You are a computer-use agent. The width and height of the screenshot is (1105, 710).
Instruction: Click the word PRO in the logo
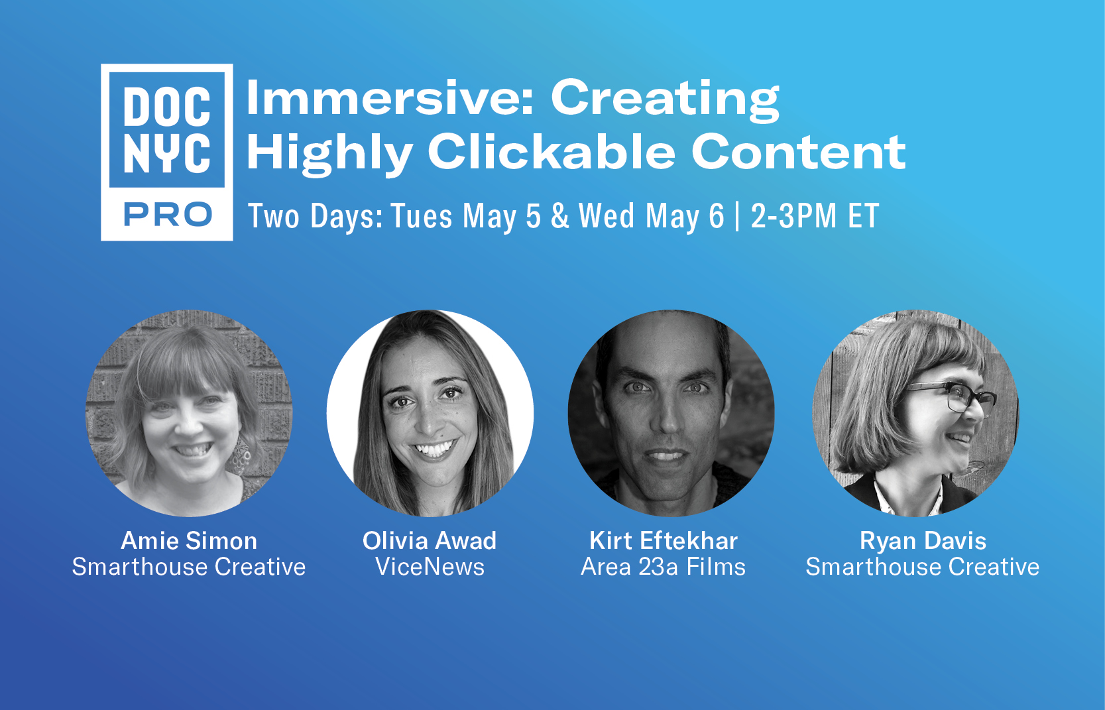click(168, 215)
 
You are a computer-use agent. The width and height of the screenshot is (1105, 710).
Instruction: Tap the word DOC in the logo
click(167, 106)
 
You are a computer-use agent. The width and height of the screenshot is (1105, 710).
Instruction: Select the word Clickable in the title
click(551, 152)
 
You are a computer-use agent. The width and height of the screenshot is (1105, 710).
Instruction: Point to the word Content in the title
click(798, 152)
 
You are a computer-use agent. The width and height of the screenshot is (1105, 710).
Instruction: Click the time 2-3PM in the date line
click(793, 215)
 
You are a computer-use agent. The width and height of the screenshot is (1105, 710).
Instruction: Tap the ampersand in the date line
click(560, 216)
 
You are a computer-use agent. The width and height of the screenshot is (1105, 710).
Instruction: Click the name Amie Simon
click(189, 541)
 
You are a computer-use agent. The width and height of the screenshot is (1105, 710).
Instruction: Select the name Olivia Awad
click(429, 541)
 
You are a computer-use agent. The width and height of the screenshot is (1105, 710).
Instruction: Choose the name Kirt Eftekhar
click(664, 541)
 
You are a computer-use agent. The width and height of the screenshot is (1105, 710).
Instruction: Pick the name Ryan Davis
click(923, 541)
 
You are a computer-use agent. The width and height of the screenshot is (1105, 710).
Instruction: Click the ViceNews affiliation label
click(430, 566)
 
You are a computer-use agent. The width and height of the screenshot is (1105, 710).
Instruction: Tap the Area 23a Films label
click(663, 566)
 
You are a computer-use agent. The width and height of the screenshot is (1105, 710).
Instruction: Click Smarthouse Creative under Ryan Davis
click(923, 566)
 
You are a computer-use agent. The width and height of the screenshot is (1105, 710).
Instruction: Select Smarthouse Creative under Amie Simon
click(189, 566)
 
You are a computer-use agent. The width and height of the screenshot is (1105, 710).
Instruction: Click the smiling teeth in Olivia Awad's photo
click(434, 449)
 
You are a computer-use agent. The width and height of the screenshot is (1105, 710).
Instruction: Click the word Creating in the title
click(664, 99)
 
